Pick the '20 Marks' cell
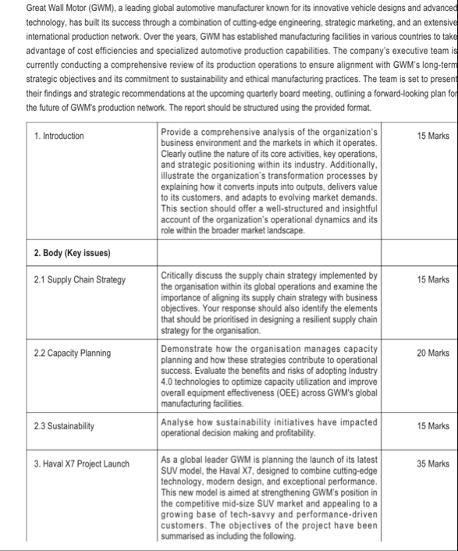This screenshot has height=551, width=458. click(433, 353)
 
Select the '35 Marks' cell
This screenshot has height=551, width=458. click(433, 464)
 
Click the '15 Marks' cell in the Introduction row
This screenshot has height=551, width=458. click(433, 136)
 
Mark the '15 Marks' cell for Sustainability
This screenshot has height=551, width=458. click(433, 425)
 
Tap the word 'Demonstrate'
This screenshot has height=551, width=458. click(187, 349)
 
